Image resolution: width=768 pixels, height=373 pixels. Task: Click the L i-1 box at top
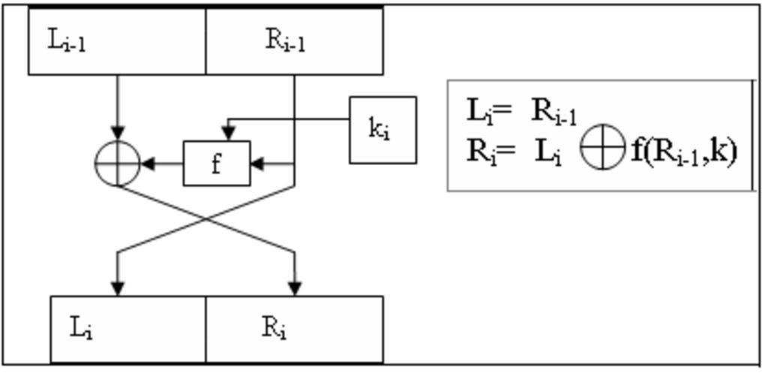click(x=116, y=41)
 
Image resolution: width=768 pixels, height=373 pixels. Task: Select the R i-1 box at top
click(x=294, y=41)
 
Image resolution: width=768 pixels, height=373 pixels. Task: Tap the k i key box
click(x=382, y=129)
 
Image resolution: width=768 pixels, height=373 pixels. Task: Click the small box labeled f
click(x=217, y=163)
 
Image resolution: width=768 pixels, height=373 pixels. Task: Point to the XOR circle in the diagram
click(x=118, y=163)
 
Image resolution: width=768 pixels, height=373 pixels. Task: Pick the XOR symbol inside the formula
click(x=603, y=149)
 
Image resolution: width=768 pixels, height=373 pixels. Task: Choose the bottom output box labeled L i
click(x=127, y=329)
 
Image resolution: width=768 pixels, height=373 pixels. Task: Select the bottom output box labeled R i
click(x=294, y=329)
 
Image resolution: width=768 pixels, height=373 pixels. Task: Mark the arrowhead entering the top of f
click(x=228, y=134)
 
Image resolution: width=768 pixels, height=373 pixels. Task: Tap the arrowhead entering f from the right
click(x=256, y=163)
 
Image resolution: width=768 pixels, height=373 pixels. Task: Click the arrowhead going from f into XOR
click(x=148, y=163)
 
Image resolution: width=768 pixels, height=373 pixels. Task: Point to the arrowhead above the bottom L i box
click(x=118, y=287)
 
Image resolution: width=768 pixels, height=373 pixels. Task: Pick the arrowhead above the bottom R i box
click(x=294, y=287)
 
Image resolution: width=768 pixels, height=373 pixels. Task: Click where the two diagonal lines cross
click(x=206, y=219)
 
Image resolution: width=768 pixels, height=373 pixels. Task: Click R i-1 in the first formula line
click(x=554, y=111)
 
